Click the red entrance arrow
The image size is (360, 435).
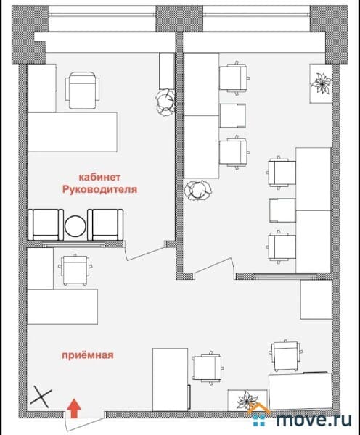pos(74,408)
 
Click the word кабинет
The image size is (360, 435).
pos(99,177)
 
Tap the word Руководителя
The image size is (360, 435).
pos(100,190)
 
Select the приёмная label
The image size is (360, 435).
pos(88,355)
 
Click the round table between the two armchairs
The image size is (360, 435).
pos(75,226)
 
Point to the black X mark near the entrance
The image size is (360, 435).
pos(41,397)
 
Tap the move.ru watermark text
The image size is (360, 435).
pos(314,419)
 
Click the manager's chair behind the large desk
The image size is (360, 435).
pos(82,91)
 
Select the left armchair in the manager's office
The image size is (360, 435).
pos(46,225)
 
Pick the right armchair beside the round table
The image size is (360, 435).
pos(105,225)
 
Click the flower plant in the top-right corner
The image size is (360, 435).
pos(322,83)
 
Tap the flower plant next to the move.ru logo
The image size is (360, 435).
pos(245,400)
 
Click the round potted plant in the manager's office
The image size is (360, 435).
pos(165,102)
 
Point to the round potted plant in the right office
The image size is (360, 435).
pos(197,190)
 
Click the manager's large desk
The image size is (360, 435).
pos(73,132)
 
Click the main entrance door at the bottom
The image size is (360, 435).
pos(84,422)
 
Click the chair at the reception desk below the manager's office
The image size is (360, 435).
pos(75,270)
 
